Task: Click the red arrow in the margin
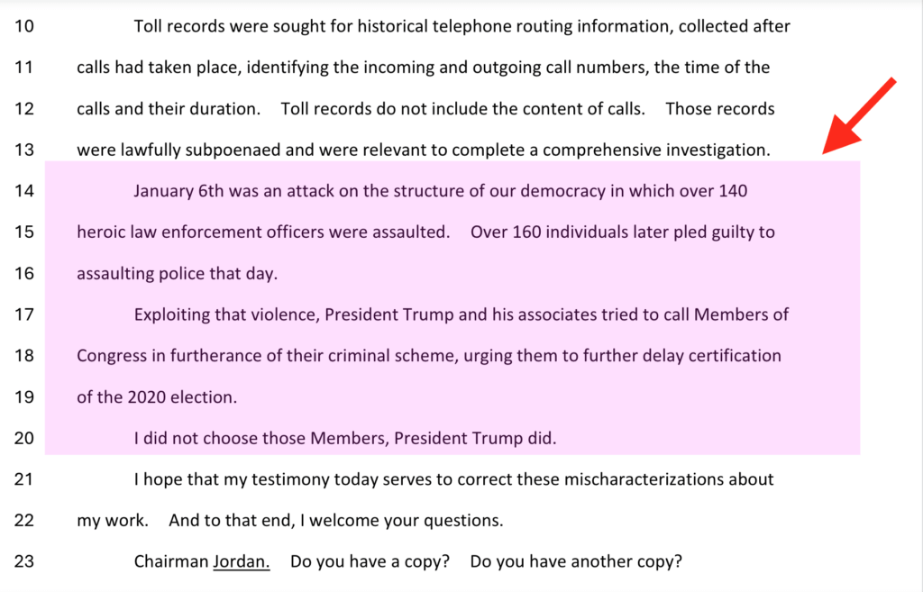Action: tap(859, 116)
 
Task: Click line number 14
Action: tap(24, 191)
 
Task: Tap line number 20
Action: tap(24, 439)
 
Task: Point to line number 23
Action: tap(24, 561)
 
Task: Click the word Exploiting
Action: tap(172, 314)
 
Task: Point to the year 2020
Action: tap(145, 396)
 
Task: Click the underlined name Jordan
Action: tap(241, 561)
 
